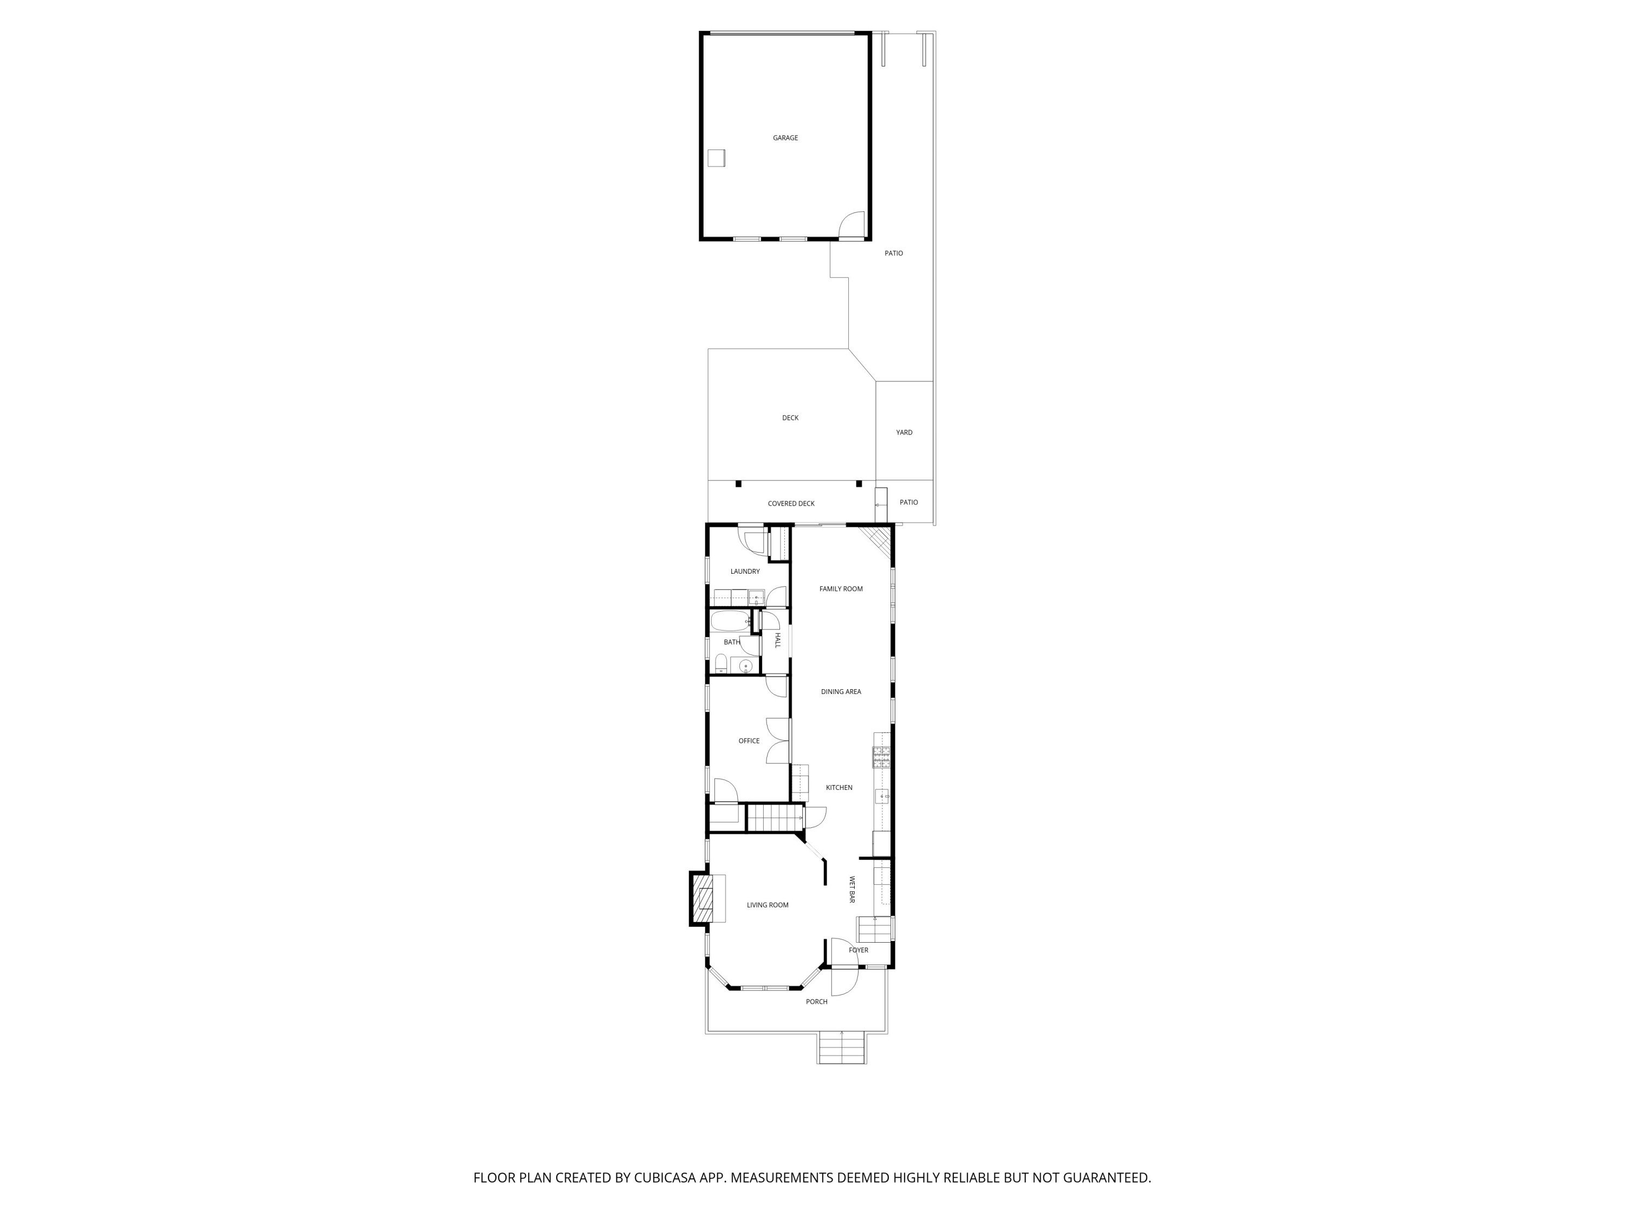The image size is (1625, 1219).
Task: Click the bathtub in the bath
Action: click(x=729, y=621)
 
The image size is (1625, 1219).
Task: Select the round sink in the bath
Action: click(x=746, y=666)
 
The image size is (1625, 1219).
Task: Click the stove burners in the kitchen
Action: click(x=881, y=757)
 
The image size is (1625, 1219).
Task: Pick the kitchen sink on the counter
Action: click(x=881, y=796)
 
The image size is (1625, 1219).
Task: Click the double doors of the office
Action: click(x=777, y=741)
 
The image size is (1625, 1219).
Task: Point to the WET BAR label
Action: click(x=852, y=890)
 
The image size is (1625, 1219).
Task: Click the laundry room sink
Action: click(x=756, y=596)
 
